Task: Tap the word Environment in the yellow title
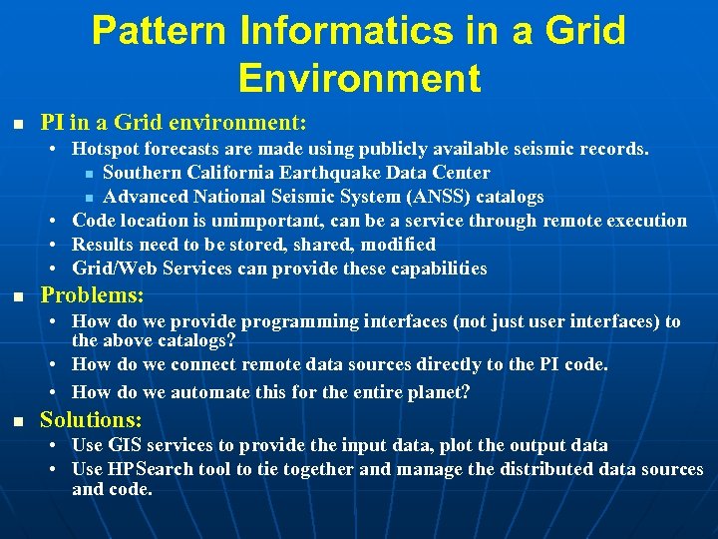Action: point(360,77)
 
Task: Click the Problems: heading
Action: point(92,295)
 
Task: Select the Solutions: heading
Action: point(91,419)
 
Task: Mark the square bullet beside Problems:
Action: point(17,296)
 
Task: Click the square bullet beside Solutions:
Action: point(17,420)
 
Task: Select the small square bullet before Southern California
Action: point(89,174)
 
